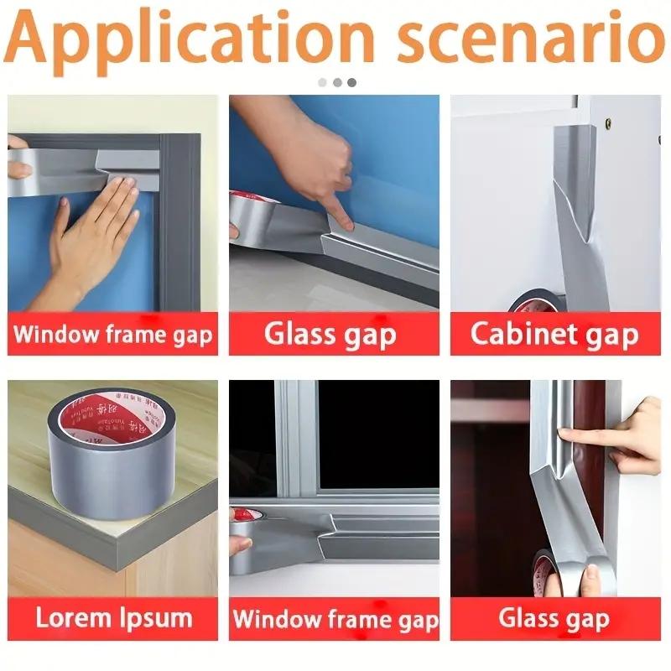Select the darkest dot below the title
pos(351,82)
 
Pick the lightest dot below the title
pos(322,82)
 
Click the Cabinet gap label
pos(554,334)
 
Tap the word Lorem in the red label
pos(76,619)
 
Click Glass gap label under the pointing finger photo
pos(330,334)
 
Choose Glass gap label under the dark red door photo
pos(554,619)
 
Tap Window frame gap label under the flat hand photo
pos(112,335)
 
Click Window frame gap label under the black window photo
pos(335,620)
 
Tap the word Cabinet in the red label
pos(517,334)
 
